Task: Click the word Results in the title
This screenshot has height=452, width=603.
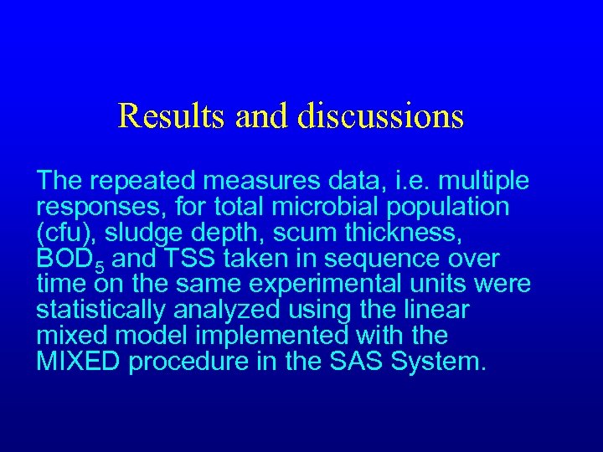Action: click(x=173, y=116)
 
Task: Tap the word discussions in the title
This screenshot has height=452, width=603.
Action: click(x=380, y=116)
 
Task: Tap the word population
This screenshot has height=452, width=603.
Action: click(x=444, y=206)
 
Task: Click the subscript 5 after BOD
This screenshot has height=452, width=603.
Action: click(x=100, y=267)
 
